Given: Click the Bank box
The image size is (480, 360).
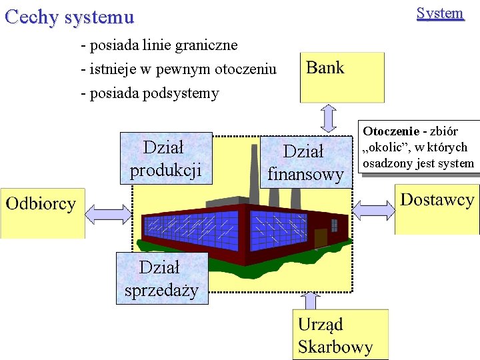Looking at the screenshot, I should (x=342, y=77).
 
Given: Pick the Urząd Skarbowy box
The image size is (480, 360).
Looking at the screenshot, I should (x=339, y=335).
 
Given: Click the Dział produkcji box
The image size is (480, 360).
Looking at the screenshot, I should (x=166, y=158).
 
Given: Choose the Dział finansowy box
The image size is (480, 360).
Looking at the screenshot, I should (x=305, y=162).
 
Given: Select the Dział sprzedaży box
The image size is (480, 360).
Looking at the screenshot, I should (x=161, y=278).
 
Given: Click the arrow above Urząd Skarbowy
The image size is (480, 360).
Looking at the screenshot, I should (x=311, y=301).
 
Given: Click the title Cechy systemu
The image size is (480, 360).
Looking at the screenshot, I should (x=69, y=17).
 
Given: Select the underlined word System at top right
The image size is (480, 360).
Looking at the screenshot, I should (x=439, y=13).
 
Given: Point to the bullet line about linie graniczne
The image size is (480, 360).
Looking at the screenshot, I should (x=159, y=45).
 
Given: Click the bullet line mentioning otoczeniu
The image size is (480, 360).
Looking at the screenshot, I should (x=178, y=69).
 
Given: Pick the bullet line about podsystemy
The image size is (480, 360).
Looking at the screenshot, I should (x=149, y=93).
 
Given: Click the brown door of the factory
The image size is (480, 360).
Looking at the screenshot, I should (x=321, y=237).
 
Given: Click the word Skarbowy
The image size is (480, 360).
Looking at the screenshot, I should (x=335, y=347).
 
